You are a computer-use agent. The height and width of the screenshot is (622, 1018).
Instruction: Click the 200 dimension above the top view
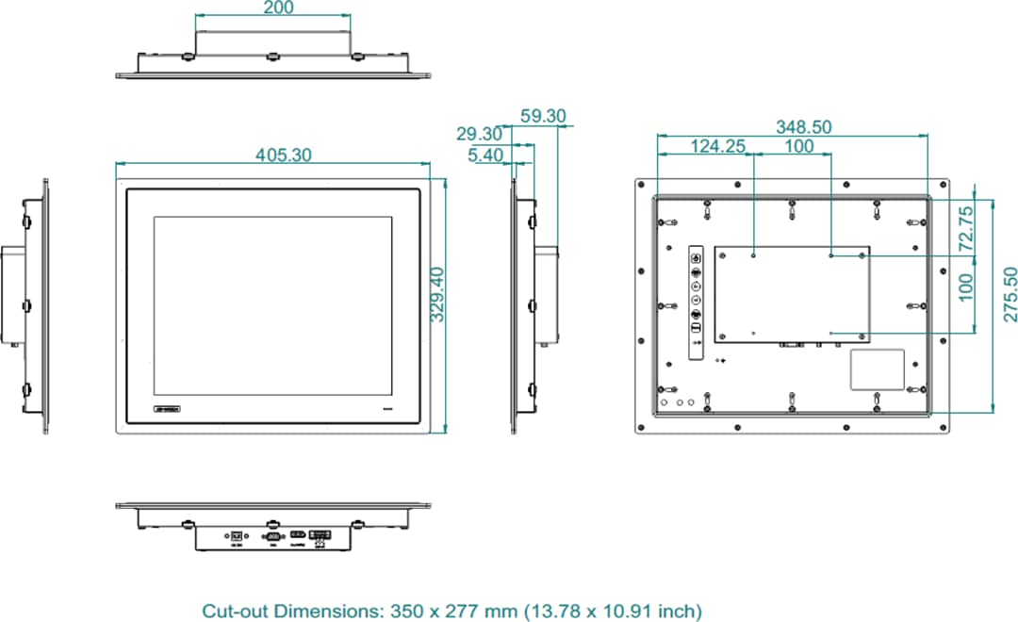pos(279,8)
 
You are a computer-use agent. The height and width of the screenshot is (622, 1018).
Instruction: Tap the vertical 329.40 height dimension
pos(438,294)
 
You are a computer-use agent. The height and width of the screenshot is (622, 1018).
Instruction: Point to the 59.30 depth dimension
pos(543,117)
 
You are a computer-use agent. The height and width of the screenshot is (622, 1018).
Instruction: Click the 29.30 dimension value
pos(480,135)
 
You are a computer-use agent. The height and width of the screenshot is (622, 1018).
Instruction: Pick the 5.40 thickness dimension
pos(485,155)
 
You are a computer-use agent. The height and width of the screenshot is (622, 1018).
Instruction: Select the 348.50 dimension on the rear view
pos(803,126)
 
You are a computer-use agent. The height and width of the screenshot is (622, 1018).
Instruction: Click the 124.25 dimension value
pos(718,146)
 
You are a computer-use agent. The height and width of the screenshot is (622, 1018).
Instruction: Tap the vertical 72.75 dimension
pos(966,228)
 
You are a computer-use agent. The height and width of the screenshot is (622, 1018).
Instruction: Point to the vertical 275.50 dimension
pos(1010,294)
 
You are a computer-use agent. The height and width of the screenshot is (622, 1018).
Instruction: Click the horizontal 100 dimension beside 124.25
pos(798,146)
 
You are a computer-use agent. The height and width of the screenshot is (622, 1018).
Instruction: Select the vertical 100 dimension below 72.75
pos(966,286)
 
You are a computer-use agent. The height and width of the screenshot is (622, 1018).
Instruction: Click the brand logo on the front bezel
pos(170,409)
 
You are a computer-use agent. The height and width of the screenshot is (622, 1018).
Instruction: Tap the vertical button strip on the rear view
pos(697,302)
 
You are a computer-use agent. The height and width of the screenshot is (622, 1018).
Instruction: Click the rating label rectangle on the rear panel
pos(878,369)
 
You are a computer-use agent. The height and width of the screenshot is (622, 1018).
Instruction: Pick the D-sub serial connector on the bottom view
pos(272,537)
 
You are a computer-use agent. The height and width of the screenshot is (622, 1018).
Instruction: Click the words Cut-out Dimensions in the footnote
pos(290,612)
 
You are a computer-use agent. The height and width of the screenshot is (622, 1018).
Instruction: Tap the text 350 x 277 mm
pos(454,612)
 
